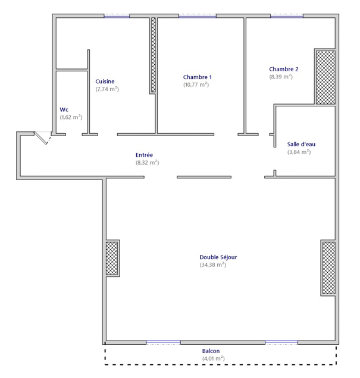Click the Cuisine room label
pyautogui.click(x=105, y=81)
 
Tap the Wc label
pyautogui.click(x=64, y=110)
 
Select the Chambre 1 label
pyautogui.click(x=198, y=77)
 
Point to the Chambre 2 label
pyautogui.click(x=284, y=69)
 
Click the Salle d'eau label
pyautogui.click(x=301, y=144)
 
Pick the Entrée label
pyautogui.click(x=144, y=155)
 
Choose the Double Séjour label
pyautogui.click(x=218, y=257)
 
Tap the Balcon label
pyautogui.click(x=211, y=351)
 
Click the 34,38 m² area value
pyautogui.click(x=213, y=264)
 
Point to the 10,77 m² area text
pyautogui.click(x=196, y=84)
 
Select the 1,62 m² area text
pyautogui.click(x=71, y=117)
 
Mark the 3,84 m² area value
pyautogui.click(x=299, y=152)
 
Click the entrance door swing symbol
pyautogui.click(x=42, y=138)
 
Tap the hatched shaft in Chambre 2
pyautogui.click(x=325, y=77)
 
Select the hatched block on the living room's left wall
pyautogui.click(x=112, y=258)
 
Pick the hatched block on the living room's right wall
pyautogui.click(x=329, y=268)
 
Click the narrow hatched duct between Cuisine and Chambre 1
pyautogui.click(x=153, y=55)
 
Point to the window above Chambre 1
pyautogui.click(x=198, y=17)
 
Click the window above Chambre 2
pyautogui.click(x=287, y=17)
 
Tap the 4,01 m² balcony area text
pyautogui.click(x=214, y=358)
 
